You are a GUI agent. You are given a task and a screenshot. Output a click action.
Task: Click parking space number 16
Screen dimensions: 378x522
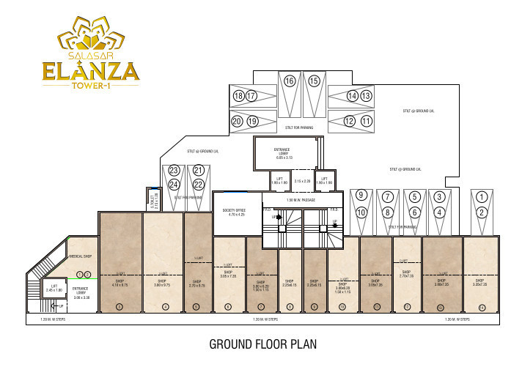pos(290,81)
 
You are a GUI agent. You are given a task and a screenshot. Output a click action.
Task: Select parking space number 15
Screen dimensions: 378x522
pos(314,81)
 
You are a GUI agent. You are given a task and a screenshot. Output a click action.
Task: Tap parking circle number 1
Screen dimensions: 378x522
pos(481,196)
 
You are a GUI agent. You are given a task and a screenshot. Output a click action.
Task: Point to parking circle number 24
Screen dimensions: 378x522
pos(174,185)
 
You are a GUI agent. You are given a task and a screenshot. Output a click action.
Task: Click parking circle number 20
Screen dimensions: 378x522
pos(237,121)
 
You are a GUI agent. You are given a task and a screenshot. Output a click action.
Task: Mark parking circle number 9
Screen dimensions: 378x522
pos(361,196)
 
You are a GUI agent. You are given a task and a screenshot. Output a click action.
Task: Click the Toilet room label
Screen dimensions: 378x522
pos(152,199)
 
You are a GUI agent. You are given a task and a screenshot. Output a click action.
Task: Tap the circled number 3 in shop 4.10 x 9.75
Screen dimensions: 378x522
pos(120,305)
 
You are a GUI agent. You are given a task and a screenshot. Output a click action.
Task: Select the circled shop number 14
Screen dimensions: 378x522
pos(481,305)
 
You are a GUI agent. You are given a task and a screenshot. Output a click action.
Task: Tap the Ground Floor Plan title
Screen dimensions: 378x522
pos(262,344)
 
